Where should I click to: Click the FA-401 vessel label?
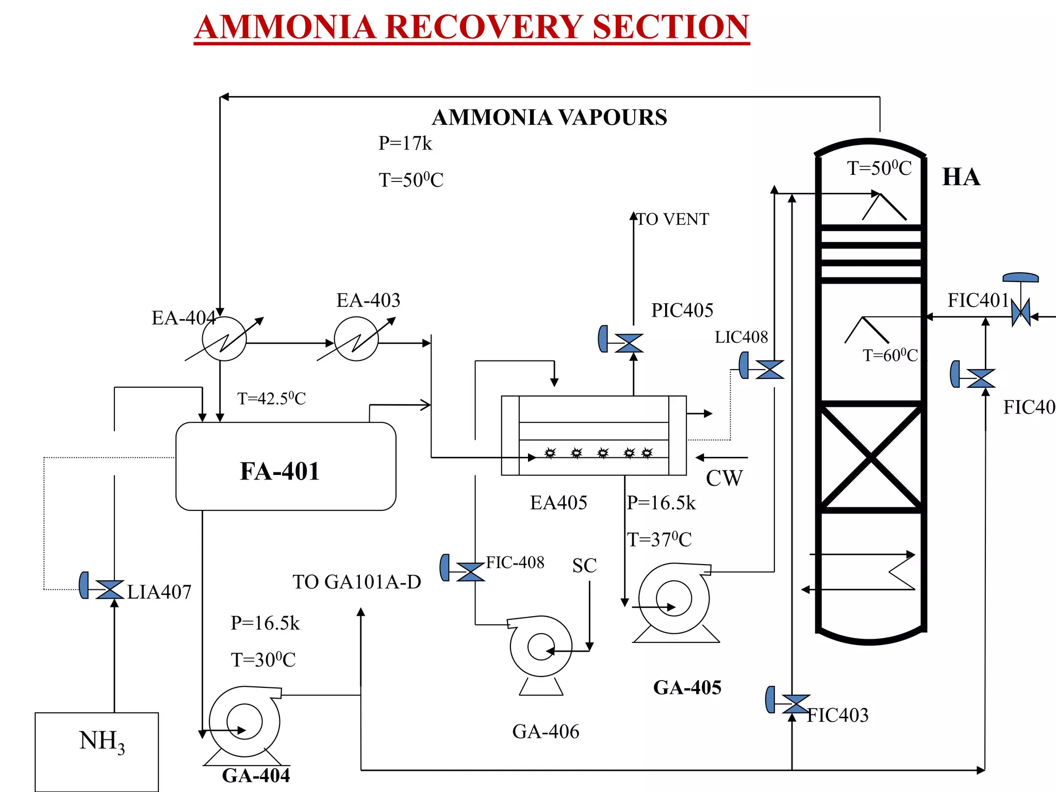coord(280,471)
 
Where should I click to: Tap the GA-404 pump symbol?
coord(244,722)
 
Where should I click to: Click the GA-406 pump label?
coord(546,731)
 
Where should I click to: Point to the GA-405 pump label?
coord(687,687)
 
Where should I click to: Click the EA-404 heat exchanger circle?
coord(224,339)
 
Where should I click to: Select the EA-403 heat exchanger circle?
coord(356,339)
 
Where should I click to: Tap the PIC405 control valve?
coord(629,343)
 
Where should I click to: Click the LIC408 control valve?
coord(769,369)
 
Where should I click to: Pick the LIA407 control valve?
coord(109,589)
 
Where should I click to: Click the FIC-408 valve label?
coord(515,562)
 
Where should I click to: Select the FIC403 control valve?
coord(796,704)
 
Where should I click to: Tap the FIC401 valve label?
coord(978,300)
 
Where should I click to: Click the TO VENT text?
coord(673,219)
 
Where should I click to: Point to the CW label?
coord(724,478)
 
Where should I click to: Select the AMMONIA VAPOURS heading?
coord(549,118)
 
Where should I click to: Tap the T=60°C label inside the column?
coord(890,355)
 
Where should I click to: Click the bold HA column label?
coord(961,177)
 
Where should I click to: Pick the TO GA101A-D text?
coord(357,582)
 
